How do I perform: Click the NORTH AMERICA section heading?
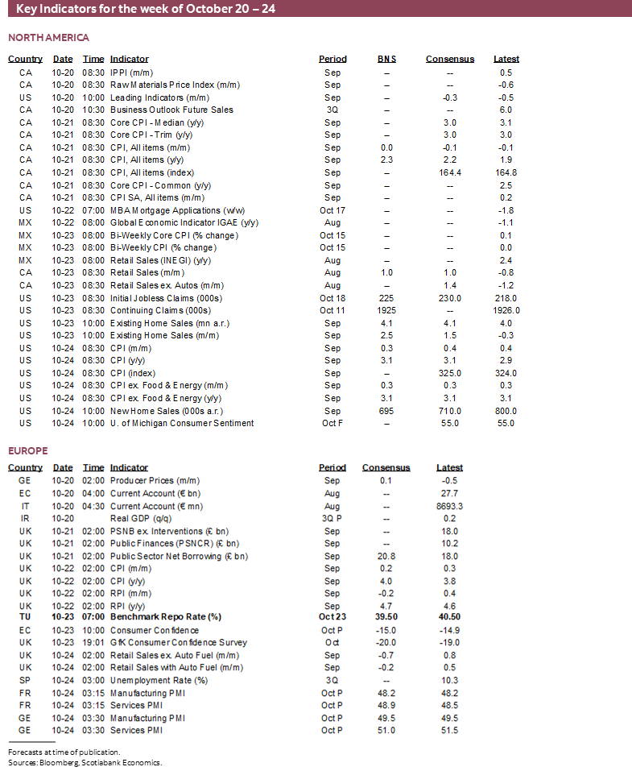48,38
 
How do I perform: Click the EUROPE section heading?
28,450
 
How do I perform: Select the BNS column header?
386,59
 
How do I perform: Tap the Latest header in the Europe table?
449,467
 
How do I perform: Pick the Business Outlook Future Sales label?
171,110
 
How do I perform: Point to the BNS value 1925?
386,310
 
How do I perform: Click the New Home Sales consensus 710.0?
450,411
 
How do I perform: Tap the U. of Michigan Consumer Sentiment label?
182,423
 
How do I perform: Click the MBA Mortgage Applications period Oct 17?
333,210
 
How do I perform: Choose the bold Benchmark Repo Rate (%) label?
165,617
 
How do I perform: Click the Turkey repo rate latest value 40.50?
449,617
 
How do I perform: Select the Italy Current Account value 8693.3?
449,506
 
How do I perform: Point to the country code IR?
26,518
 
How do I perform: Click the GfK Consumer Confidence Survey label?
179,642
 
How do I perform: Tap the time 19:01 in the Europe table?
93,642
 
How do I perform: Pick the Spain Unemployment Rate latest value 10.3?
449,680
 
